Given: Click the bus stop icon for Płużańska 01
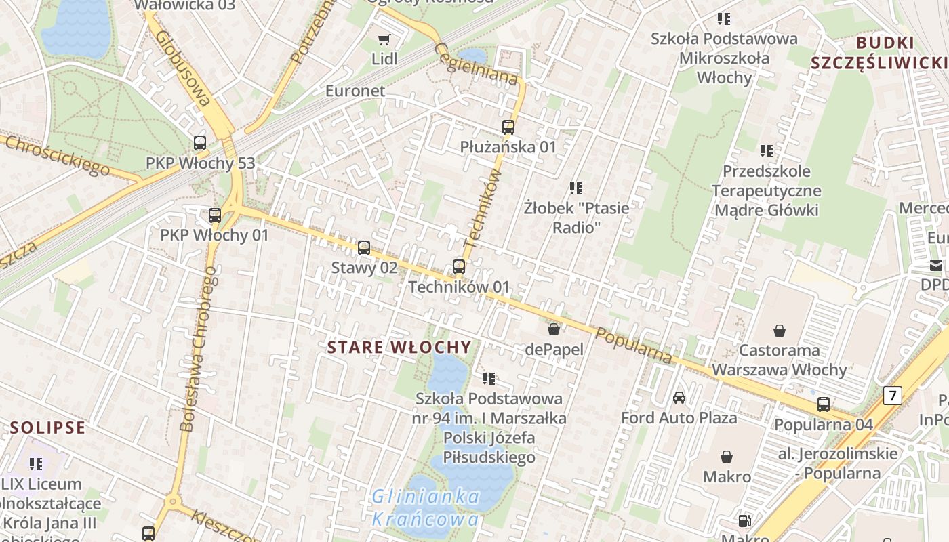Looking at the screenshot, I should pyautogui.click(x=508, y=127).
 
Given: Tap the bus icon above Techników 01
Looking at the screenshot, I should pyautogui.click(x=459, y=267).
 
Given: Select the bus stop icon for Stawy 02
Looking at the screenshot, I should pyautogui.click(x=364, y=248).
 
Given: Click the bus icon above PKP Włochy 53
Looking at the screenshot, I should pyautogui.click(x=199, y=143).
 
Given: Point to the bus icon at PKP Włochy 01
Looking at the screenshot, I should pyautogui.click(x=215, y=215).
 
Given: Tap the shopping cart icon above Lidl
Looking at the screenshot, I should pyautogui.click(x=384, y=39).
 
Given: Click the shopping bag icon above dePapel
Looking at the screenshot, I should pyautogui.click(x=554, y=329).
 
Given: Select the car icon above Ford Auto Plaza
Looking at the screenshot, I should pyautogui.click(x=679, y=398).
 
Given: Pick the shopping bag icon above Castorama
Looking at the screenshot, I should pyautogui.click(x=780, y=331).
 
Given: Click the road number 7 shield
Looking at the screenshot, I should pyautogui.click(x=893, y=395).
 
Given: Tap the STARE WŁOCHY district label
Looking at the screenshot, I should pyautogui.click(x=399, y=348).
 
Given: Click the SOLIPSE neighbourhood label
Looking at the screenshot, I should pyautogui.click(x=47, y=428).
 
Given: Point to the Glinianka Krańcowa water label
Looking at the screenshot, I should pyautogui.click(x=426, y=508).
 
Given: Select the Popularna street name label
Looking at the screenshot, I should pyautogui.click(x=634, y=345).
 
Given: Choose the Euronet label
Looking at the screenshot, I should pyautogui.click(x=355, y=91).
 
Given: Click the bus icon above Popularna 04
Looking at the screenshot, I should pyautogui.click(x=824, y=404).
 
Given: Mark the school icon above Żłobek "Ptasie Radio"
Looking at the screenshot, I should pyautogui.click(x=576, y=188).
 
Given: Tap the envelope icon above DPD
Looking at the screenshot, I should pyautogui.click(x=936, y=266).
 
